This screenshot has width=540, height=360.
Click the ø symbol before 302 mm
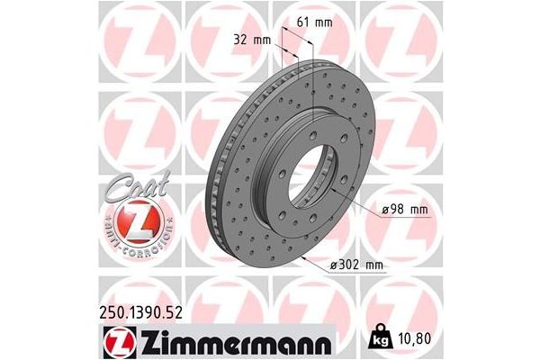click(x=334, y=265)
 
